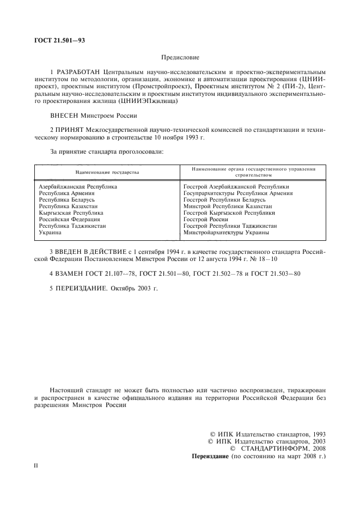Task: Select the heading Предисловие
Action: tap(180, 57)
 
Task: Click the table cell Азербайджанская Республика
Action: tap(78, 186)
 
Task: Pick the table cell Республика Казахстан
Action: tap(70, 206)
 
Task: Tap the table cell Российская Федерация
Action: tap(69, 219)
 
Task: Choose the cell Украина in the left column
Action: tap(50, 232)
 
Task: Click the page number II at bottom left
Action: tap(36, 466)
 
